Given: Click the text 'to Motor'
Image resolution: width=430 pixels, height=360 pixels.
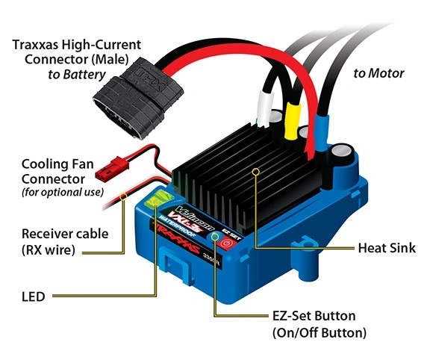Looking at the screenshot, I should tap(378, 73).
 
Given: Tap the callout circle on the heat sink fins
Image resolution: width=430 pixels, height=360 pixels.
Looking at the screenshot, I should tap(256, 171).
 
